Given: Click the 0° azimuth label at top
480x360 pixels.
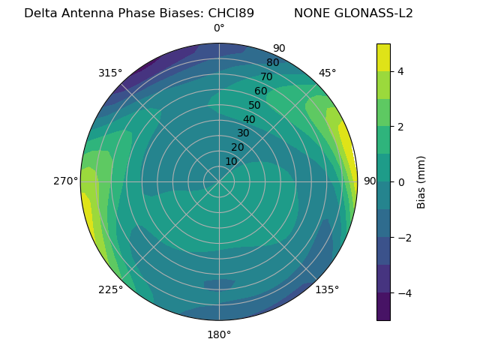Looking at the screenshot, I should tap(219, 28).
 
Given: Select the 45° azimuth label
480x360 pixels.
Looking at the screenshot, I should tap(328, 73).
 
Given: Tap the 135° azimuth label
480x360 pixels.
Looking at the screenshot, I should tap(327, 289).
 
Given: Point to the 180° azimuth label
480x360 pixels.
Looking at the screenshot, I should tap(219, 334).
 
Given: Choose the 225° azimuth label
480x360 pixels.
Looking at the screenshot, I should tap(110, 289).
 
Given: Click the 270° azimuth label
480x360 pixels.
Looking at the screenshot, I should tap(66, 181).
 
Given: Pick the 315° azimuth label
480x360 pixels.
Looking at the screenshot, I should tap(110, 73).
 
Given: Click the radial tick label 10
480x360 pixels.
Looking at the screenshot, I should tap(231, 161).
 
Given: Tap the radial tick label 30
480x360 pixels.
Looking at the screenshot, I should tap(243, 133).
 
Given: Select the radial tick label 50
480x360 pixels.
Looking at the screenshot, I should tap(255, 105).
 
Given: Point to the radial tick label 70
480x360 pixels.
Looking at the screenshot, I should tap(266, 76).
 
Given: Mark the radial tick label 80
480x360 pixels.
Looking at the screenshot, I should tap(272, 63).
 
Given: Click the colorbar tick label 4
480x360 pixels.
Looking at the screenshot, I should tap(400, 71).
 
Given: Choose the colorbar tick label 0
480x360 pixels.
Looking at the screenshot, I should tap(400, 182).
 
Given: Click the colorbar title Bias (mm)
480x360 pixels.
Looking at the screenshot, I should tap(421, 182).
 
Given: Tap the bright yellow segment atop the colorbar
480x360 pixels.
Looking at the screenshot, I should tap(383, 58).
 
